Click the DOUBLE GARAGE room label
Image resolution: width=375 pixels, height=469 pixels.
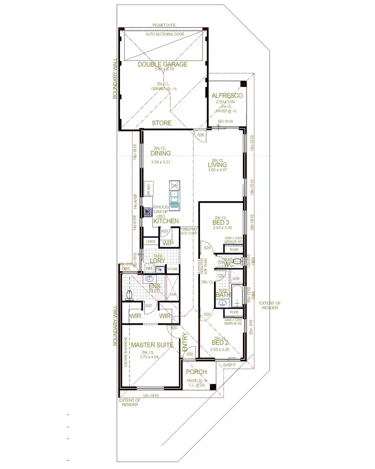point(162,64)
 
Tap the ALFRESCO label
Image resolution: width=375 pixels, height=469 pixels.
point(227,95)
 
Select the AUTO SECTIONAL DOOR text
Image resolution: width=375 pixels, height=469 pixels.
point(164,34)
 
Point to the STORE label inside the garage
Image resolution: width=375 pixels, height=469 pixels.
point(161,123)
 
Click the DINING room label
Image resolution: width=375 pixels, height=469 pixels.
point(160,154)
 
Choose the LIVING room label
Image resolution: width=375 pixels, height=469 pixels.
point(217,165)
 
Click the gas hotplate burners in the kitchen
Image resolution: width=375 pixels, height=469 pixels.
point(148,212)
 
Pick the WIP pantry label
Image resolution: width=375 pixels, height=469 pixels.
point(167,243)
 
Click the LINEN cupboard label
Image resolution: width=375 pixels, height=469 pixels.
point(150,242)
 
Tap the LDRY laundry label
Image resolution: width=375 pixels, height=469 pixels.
point(158,261)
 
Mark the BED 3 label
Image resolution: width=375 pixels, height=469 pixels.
point(220,223)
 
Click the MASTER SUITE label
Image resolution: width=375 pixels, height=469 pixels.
point(151,345)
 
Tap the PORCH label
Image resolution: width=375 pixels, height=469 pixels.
point(196,372)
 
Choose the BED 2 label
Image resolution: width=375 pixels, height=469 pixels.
point(220,343)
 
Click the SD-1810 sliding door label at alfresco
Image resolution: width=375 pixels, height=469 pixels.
point(226,121)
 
